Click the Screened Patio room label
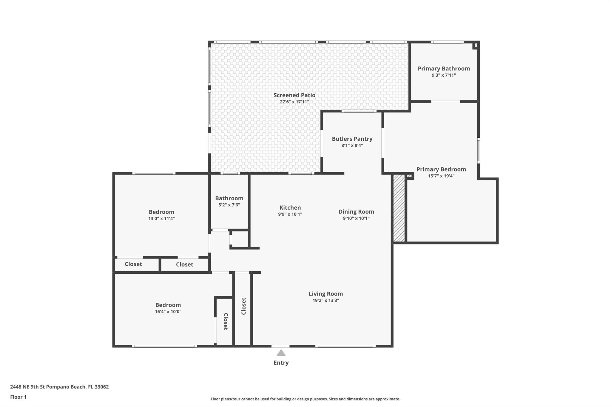[x=294, y=95]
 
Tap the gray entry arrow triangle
[x=281, y=353]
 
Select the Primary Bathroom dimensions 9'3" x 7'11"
[x=444, y=75]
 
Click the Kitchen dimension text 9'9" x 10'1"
[x=290, y=214]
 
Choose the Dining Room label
[x=356, y=212]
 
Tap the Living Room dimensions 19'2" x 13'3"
[x=326, y=300]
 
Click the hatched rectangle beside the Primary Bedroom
[x=399, y=208]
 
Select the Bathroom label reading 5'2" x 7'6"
[x=229, y=205]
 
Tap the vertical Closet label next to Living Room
[x=244, y=306]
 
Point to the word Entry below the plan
[x=281, y=363]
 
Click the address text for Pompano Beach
[x=59, y=387]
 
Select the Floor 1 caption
[x=18, y=397]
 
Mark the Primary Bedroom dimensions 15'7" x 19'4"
[x=441, y=176]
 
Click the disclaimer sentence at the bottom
[x=305, y=399]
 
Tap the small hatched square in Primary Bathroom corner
[x=476, y=46]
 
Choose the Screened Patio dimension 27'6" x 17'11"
[x=294, y=102]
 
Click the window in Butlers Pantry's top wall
[x=359, y=111]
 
